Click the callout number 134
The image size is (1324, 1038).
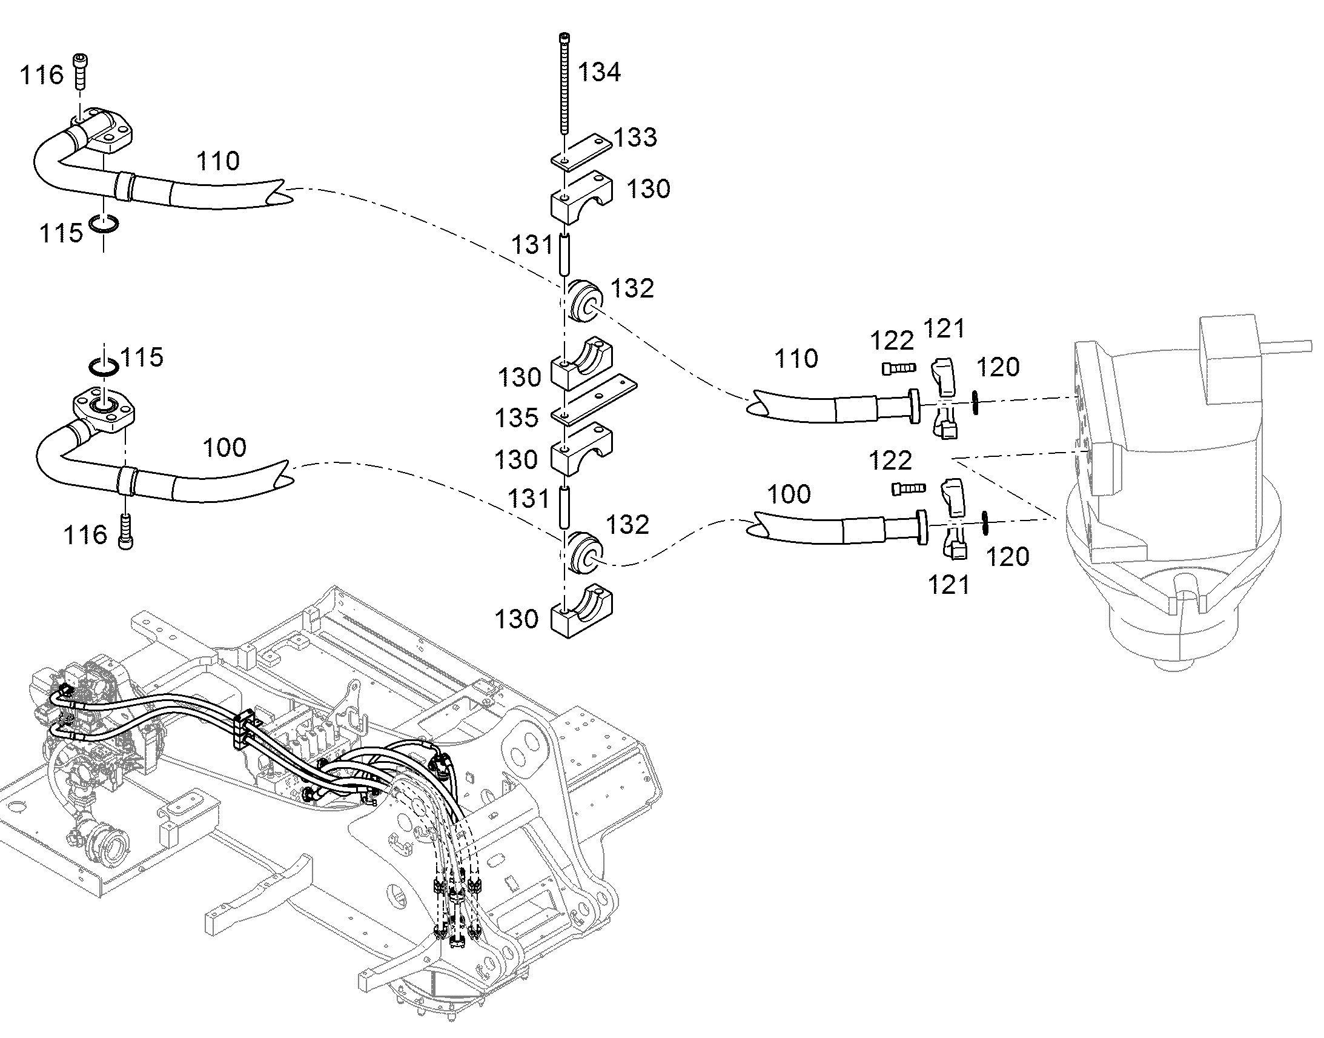point(599,72)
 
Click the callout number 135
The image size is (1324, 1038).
point(516,418)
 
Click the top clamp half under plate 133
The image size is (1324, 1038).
point(582,196)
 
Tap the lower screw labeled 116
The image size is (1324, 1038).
point(127,532)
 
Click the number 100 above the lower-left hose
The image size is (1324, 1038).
point(224,448)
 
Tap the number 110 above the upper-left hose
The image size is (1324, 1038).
point(217,161)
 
